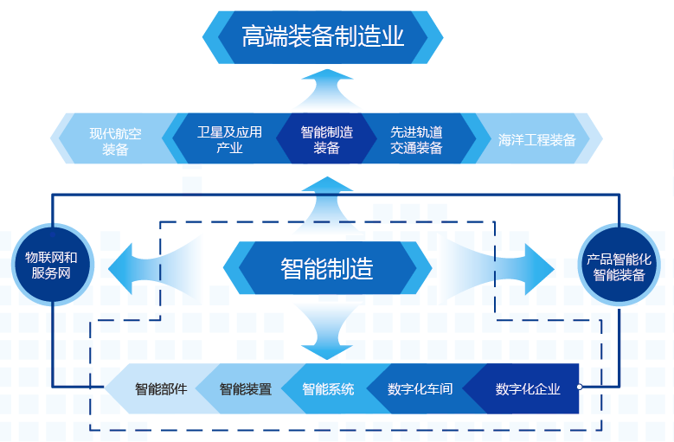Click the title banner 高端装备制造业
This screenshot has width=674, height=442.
point(323,36)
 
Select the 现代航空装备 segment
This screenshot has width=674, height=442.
point(115,140)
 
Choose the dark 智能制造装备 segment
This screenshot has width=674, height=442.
point(326,139)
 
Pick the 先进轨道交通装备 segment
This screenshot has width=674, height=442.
point(416,139)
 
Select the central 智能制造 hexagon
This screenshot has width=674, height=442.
point(326,268)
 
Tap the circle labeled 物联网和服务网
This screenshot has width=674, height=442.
point(51,265)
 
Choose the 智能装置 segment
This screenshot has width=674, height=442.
point(245,389)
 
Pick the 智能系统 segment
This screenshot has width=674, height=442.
point(328,389)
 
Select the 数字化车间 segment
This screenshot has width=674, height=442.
point(420,389)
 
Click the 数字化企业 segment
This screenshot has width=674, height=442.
point(527,389)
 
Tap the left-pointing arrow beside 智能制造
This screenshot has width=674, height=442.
point(130,266)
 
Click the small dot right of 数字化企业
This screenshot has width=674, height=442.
point(579,388)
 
